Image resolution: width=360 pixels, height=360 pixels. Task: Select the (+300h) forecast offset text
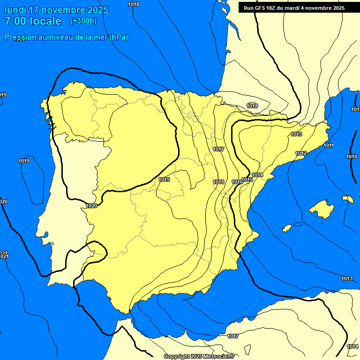[x=83, y=21]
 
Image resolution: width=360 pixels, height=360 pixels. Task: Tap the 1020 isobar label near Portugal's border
[x=92, y=206]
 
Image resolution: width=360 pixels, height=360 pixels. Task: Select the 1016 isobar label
[x=237, y=182]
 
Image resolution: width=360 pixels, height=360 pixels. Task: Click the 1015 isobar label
[x=247, y=180]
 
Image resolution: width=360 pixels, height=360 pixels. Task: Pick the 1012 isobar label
[x=301, y=154]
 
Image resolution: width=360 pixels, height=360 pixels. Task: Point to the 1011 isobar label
[x=329, y=145]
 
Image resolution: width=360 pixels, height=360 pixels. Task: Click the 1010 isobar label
[x=352, y=157]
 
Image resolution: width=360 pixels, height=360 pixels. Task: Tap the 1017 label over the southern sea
[x=233, y=336]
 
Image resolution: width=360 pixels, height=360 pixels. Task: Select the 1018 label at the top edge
[x=134, y=4]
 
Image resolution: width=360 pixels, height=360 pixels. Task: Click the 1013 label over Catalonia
[x=296, y=135]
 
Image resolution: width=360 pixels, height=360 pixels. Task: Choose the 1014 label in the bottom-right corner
[x=352, y=346]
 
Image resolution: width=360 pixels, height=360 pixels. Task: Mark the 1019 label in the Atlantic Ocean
[x=24, y=161]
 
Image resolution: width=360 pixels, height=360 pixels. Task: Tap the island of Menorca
[x=347, y=199]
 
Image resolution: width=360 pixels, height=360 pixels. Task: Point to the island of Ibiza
[x=287, y=228]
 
